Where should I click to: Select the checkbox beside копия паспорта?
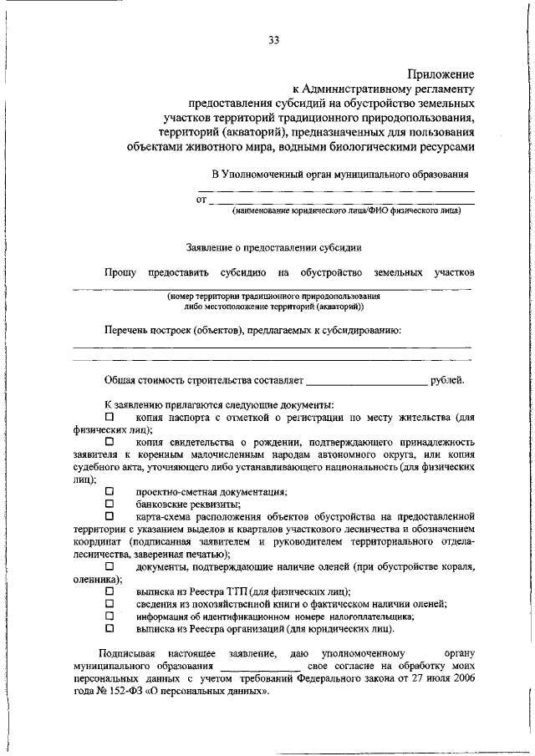(109, 416)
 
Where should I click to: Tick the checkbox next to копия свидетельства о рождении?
(109, 440)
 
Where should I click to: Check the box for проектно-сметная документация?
(109, 492)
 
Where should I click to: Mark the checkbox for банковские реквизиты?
(109, 504)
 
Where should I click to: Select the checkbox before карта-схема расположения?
(109, 516)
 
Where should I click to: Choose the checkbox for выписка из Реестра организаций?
(109, 628)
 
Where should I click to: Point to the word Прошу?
(120, 272)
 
